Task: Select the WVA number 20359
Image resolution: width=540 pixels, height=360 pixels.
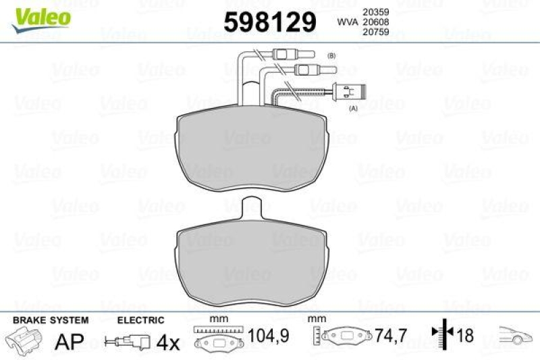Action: click(x=377, y=11)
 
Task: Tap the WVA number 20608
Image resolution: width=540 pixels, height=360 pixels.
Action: click(x=377, y=22)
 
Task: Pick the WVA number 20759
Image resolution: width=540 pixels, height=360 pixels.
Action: click(x=377, y=32)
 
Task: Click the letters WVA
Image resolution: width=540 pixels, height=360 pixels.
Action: click(x=347, y=22)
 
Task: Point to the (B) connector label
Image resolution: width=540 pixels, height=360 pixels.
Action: click(x=331, y=55)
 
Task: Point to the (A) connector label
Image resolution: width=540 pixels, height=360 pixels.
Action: click(x=352, y=107)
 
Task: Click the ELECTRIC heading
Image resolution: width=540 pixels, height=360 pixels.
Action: click(x=140, y=319)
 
